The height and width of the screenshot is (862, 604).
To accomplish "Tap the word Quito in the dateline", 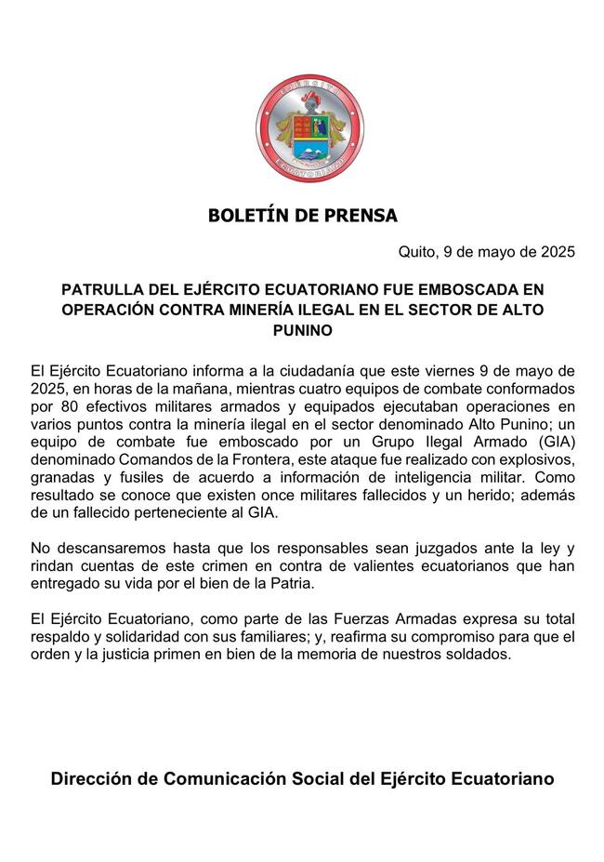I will click(417, 252).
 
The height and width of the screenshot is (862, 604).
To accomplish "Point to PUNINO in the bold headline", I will click(302, 330).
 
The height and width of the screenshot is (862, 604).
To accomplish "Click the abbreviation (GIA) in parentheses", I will click(554, 442).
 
